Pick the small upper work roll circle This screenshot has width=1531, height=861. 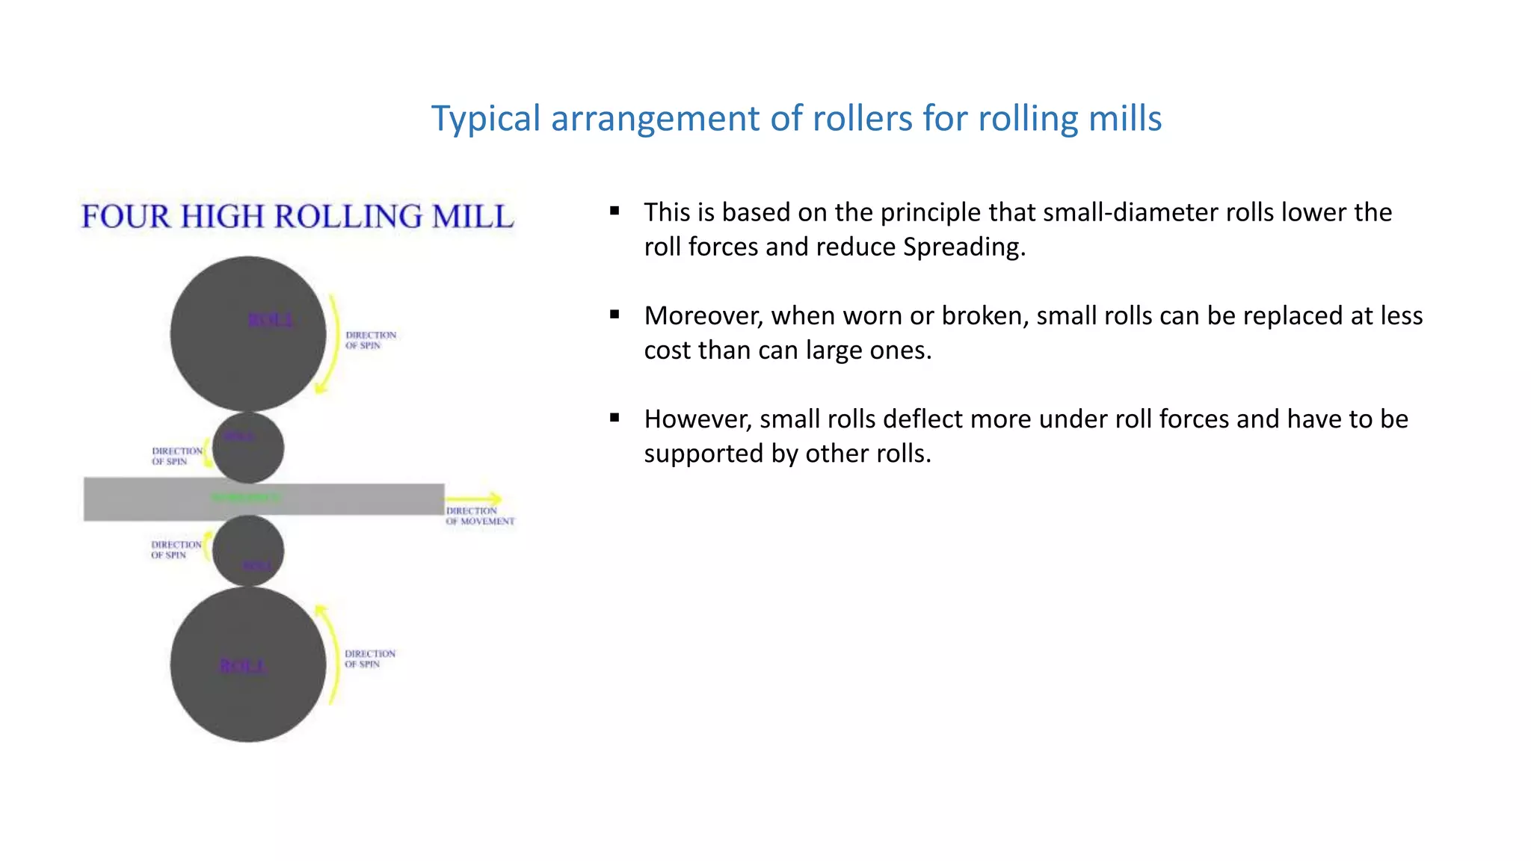pyautogui.click(x=248, y=456)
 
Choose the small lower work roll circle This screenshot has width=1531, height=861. pyautogui.click(x=248, y=542)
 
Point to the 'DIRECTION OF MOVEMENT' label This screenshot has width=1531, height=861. pyautogui.click(x=480, y=516)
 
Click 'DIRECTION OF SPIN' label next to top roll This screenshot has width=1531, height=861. pyautogui.click(x=371, y=340)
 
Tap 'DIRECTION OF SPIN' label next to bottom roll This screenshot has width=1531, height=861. pyautogui.click(x=370, y=658)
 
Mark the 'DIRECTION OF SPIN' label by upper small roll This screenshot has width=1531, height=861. pyautogui.click(x=177, y=456)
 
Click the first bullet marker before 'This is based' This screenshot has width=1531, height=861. pyautogui.click(x=614, y=212)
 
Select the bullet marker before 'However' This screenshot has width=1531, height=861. pyautogui.click(x=614, y=418)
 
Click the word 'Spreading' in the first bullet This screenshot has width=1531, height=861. pyautogui.click(x=962, y=247)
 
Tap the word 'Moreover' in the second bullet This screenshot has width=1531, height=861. pyautogui.click(x=703, y=316)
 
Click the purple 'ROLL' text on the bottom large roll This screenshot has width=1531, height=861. pyautogui.click(x=242, y=666)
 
